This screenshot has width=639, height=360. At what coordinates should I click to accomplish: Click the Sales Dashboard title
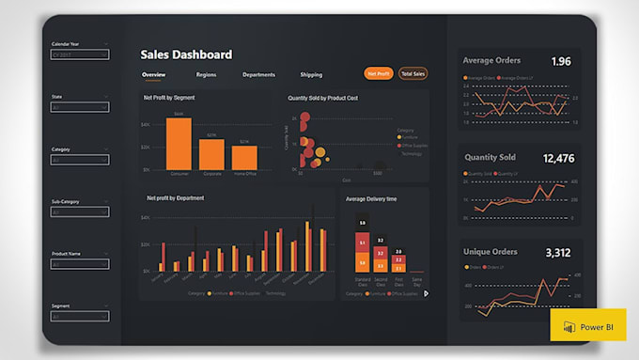tap(186, 55)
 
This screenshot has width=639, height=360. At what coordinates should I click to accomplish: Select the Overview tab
tap(154, 74)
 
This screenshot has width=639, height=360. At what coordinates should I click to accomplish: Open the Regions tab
tap(206, 74)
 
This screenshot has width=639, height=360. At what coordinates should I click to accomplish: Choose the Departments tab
tap(258, 74)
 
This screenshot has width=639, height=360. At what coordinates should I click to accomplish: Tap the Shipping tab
tap(311, 74)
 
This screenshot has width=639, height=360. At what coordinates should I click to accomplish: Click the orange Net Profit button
tap(379, 73)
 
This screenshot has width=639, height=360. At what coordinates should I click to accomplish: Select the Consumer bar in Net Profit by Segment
tap(179, 144)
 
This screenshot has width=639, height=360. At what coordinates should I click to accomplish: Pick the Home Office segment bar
tap(244, 158)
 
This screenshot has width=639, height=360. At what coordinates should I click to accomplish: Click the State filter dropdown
tap(79, 108)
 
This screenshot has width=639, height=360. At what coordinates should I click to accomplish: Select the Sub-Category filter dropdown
tap(79, 212)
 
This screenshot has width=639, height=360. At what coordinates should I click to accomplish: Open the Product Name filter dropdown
tap(79, 265)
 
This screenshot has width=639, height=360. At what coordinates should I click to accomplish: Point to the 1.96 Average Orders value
tap(560, 61)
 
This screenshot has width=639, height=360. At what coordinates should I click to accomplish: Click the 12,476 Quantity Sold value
tap(558, 159)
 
